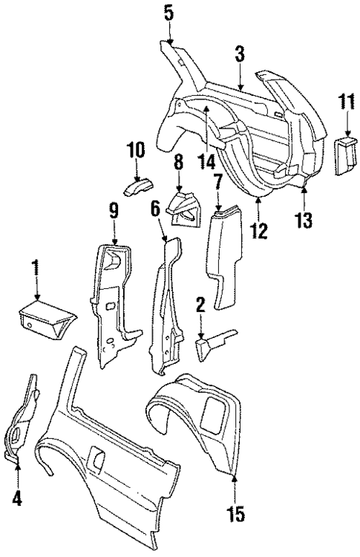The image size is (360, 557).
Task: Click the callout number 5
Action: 168,12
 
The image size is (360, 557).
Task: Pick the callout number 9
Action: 114,211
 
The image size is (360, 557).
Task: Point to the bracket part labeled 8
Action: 182,208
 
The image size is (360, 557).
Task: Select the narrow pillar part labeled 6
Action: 165,304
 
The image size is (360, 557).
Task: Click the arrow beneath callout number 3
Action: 239,81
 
